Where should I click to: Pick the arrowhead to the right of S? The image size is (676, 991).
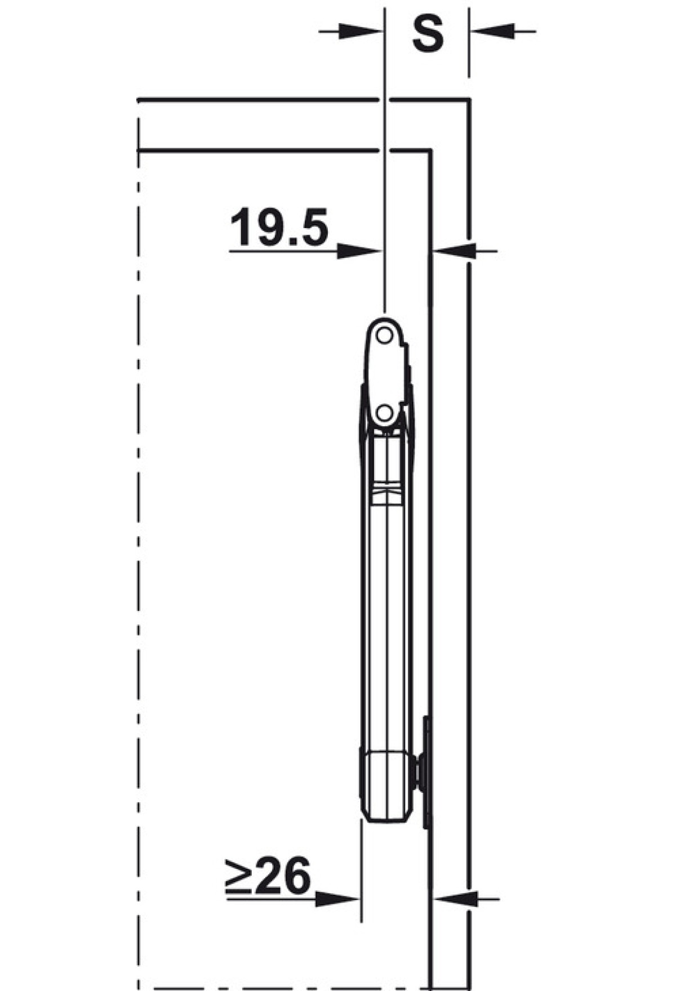493,32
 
